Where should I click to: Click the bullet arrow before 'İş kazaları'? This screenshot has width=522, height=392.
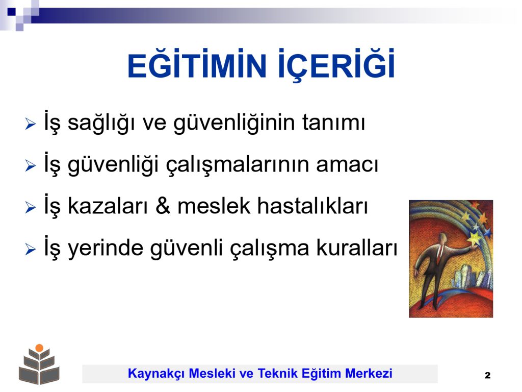point(30,207)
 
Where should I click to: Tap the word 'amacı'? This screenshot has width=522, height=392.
point(347,165)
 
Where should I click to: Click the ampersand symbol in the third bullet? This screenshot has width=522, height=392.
point(163,206)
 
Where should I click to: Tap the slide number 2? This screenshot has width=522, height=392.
point(488,375)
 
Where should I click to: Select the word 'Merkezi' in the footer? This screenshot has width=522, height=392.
point(369,373)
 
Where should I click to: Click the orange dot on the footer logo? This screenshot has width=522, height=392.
point(39,348)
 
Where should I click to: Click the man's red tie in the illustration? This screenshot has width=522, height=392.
point(440,253)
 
